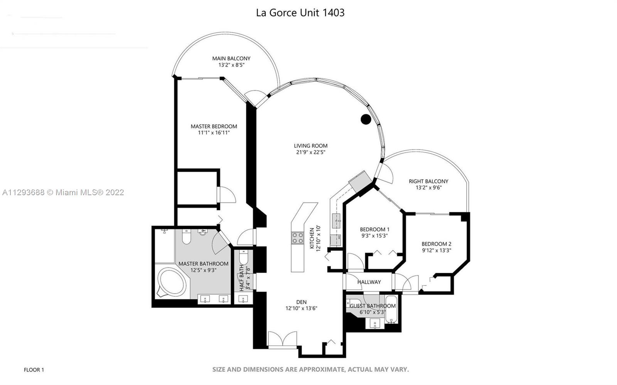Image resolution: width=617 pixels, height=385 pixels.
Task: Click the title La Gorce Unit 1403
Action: coord(300,13)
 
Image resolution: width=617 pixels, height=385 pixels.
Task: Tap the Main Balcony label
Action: coord(231,58)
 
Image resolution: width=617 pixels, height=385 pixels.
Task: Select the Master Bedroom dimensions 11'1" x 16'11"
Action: coord(214,133)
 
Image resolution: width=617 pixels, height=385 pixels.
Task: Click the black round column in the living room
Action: coord(366,119)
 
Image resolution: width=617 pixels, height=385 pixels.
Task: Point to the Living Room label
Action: coord(311,146)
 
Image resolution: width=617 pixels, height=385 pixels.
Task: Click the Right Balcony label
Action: coord(428,181)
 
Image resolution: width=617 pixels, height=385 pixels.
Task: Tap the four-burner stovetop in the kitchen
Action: coord(297,238)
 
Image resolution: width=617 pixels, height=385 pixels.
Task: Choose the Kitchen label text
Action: coord(312,238)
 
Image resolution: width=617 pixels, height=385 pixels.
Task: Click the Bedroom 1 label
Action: coord(374,229)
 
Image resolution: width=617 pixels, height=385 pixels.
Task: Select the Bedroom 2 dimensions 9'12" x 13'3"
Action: coord(437,250)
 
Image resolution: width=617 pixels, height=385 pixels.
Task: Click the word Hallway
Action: coord(369,282)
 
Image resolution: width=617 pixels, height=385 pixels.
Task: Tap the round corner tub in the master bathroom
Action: coord(172,282)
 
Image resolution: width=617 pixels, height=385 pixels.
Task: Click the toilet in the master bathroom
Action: coord(187,236)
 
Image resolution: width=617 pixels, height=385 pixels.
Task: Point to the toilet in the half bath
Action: coord(244,257)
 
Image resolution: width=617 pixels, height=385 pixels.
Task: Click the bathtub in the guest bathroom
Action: coord(391,309)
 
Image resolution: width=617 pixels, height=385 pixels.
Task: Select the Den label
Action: coord(301,302)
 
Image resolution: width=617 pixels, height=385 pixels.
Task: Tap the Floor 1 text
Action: coord(34,370)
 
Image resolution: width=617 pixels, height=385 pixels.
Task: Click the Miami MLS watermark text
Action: coord(63,192)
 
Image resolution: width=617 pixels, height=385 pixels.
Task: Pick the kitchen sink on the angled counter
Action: coord(336,221)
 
